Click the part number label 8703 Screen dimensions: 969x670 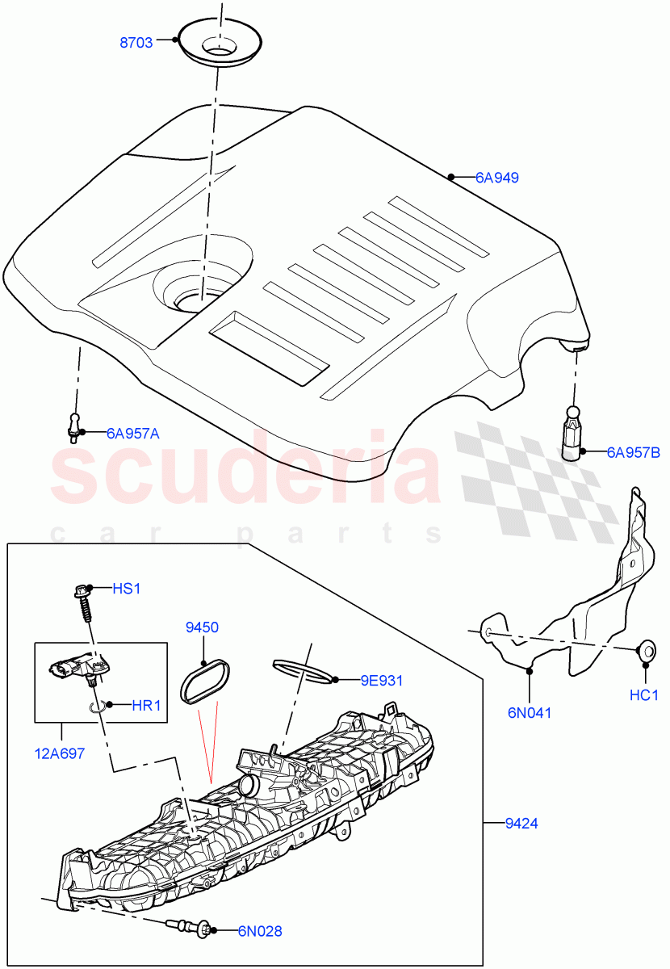(136, 44)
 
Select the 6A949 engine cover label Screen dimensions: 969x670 (496, 177)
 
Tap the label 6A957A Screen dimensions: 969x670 (132, 434)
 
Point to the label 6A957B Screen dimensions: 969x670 (633, 452)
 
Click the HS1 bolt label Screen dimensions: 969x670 (126, 589)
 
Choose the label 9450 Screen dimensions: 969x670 (202, 627)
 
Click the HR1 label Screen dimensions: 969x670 (146, 705)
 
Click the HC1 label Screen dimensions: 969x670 (644, 694)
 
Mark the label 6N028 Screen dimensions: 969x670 (259, 931)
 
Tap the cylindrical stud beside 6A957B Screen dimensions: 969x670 (572, 433)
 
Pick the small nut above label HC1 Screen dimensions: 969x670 (645, 650)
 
